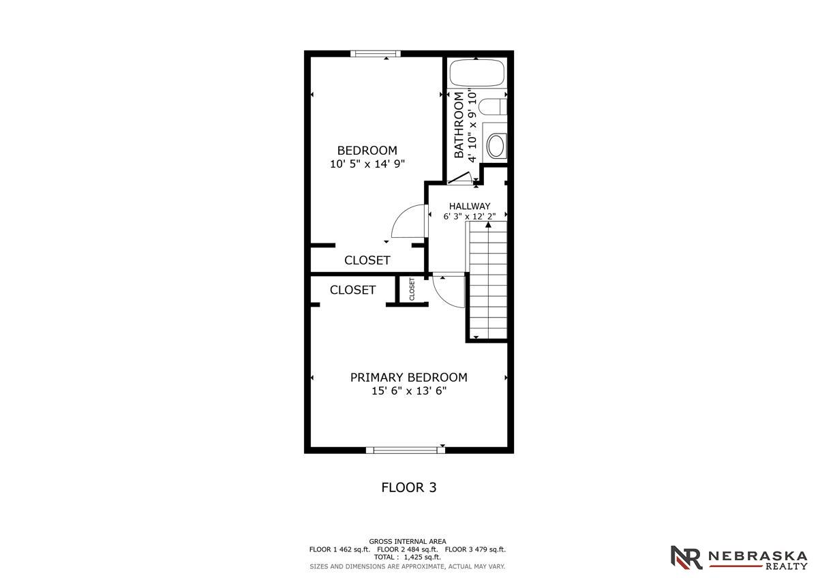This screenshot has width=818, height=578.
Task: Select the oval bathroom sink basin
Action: (496, 145)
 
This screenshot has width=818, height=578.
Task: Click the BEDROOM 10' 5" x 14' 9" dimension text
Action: (367, 164)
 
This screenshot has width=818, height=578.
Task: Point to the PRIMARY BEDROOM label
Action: (409, 377)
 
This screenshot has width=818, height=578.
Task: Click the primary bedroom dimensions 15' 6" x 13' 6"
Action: (409, 391)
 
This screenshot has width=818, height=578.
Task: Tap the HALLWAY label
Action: (469, 206)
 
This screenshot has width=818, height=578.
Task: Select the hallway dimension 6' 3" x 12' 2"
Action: (469, 217)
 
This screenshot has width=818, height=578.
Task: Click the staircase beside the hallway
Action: (488, 279)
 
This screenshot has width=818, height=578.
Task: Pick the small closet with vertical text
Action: (412, 289)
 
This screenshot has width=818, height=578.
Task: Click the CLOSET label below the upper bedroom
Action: (367, 260)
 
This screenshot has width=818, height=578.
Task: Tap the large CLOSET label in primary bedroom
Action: (353, 290)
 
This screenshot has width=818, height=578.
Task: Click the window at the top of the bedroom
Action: (374, 54)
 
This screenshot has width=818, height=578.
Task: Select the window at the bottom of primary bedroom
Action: (405, 449)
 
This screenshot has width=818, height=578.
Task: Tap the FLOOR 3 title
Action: (408, 487)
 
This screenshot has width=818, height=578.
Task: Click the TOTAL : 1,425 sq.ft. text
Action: (408, 557)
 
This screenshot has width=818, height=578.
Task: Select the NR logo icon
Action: (686, 557)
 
